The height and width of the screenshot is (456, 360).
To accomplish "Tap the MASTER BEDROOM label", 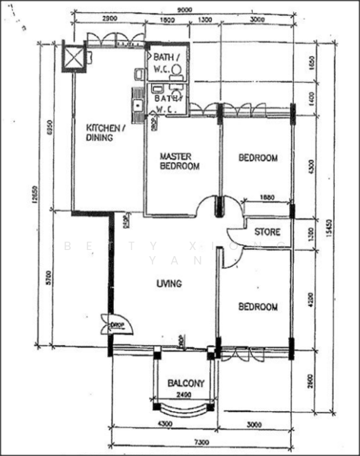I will pyautogui.click(x=179, y=161).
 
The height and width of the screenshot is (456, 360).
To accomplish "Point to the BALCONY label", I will pyautogui.click(x=185, y=383).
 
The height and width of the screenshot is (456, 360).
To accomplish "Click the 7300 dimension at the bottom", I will pyautogui.click(x=201, y=441).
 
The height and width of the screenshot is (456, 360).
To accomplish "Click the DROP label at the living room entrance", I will pyautogui.click(x=118, y=325).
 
